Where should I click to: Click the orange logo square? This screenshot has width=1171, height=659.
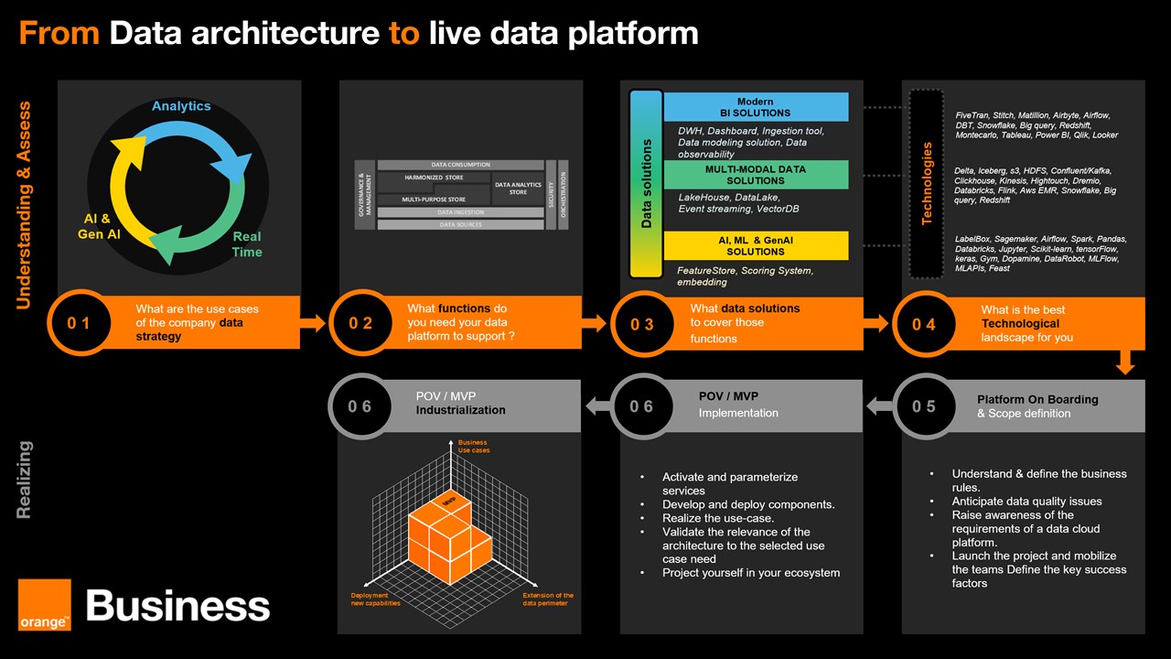pyautogui.click(x=44, y=605)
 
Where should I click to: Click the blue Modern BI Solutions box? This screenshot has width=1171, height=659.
pyautogui.click(x=756, y=107)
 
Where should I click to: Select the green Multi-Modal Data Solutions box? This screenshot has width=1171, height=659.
pyautogui.click(x=756, y=175)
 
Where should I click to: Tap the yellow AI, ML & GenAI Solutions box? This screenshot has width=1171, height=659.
pyautogui.click(x=756, y=245)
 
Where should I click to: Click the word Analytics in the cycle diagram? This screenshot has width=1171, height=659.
pyautogui.click(x=181, y=106)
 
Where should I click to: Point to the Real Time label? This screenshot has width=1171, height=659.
pyautogui.click(x=246, y=244)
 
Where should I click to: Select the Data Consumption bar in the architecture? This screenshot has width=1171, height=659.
pyautogui.click(x=460, y=165)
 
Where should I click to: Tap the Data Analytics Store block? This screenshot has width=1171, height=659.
pyautogui.click(x=518, y=189)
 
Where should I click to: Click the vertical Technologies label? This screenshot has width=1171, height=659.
pyautogui.click(x=927, y=183)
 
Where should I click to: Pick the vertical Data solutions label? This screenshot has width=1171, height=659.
pyautogui.click(x=647, y=183)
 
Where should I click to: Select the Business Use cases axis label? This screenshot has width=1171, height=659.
pyautogui.click(x=473, y=447)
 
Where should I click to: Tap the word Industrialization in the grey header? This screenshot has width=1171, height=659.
pyautogui.click(x=460, y=410)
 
